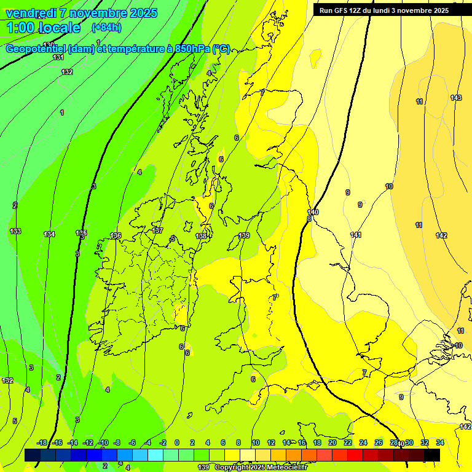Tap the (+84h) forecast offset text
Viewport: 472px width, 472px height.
(106, 27)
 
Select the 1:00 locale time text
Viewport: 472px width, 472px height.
(43, 28)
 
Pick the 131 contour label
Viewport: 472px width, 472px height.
(58, 57)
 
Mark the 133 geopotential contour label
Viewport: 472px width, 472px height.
(15, 231)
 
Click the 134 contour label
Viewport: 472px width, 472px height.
(49, 234)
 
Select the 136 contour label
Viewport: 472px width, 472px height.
(116, 235)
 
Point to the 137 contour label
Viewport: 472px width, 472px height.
(157, 230)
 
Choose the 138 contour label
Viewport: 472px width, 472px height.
(201, 236)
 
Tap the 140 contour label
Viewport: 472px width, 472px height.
(313, 212)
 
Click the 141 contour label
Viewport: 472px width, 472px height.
(356, 235)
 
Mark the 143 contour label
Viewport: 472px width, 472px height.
(456, 98)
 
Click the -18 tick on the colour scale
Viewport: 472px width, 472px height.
(42, 442)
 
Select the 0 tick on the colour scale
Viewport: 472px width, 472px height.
(177, 442)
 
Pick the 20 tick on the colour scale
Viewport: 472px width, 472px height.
(332, 442)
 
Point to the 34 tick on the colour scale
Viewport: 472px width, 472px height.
(440, 442)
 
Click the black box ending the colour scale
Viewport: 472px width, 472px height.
(432, 455)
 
